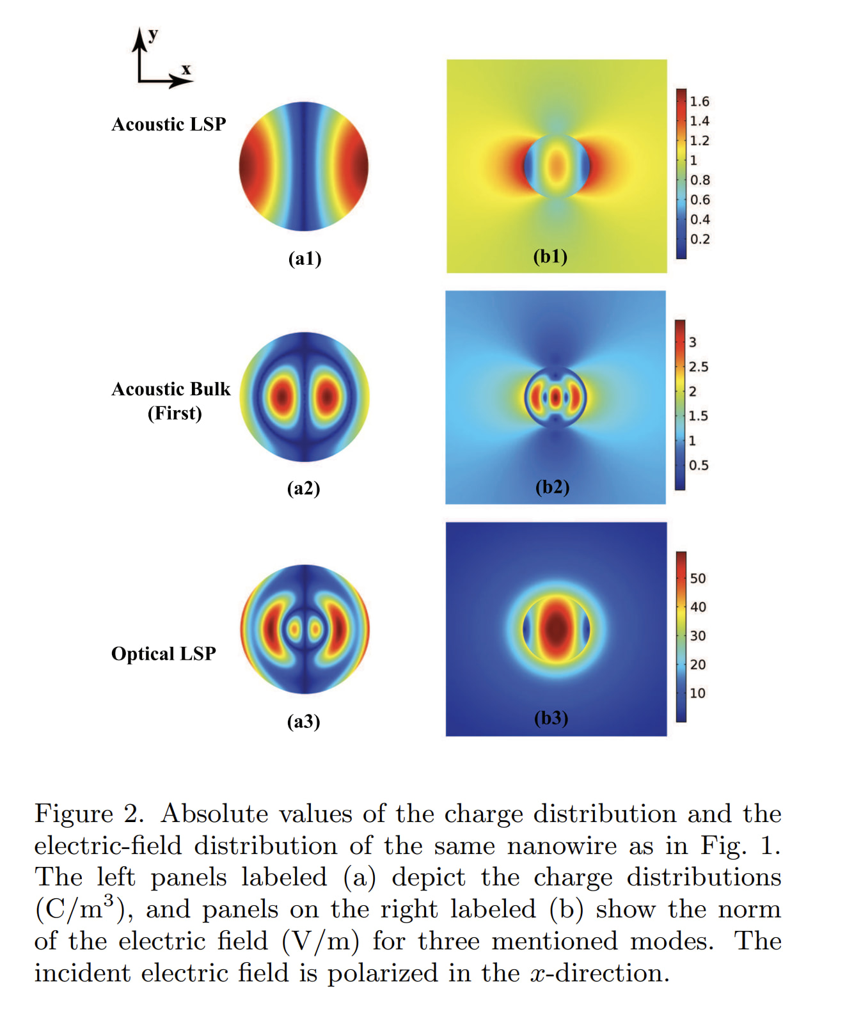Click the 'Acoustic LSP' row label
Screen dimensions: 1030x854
pos(169,124)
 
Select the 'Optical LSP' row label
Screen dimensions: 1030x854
pos(164,653)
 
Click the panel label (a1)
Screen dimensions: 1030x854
pos(304,258)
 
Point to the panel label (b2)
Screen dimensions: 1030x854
pos(552,487)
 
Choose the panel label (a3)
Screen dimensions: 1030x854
pos(303,722)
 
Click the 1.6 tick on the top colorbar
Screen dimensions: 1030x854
pos(699,102)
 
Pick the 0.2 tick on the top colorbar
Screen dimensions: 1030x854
pos(700,239)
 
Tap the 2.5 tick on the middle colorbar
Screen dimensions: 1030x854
pos(698,367)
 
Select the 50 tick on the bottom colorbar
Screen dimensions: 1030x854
pos(697,578)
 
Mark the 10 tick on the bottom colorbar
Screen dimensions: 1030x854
pos(697,693)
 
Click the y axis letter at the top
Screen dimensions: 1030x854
pos(152,35)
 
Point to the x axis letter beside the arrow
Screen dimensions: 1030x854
pos(186,69)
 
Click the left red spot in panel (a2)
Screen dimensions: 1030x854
pos(281,397)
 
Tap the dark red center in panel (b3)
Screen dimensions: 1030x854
pos(556,628)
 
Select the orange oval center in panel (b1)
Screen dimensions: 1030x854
pos(557,166)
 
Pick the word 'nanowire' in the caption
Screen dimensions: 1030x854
pos(562,846)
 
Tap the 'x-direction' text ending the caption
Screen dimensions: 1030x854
pos(599,973)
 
